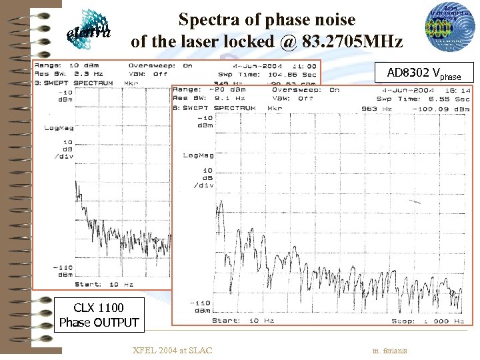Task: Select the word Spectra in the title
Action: [x=209, y=20]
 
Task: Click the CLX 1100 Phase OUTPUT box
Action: [x=99, y=315]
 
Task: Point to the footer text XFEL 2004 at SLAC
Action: [x=172, y=350]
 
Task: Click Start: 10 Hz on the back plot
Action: [x=101, y=283]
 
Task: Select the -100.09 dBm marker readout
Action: [x=441, y=108]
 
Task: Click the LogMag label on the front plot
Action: [x=198, y=155]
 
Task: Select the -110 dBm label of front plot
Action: [x=202, y=307]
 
